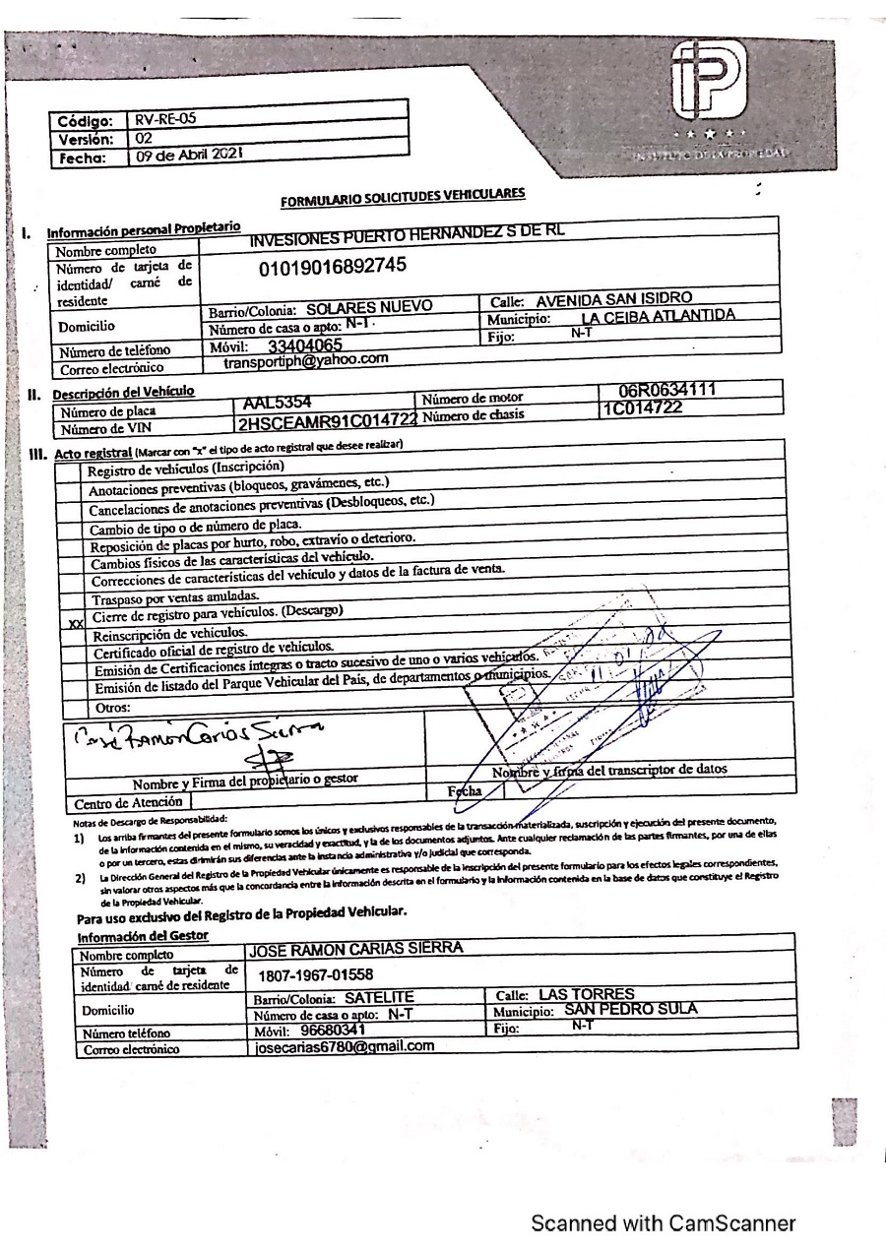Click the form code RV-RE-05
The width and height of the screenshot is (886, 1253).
click(x=166, y=119)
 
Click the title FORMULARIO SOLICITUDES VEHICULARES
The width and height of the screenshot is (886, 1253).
click(x=403, y=198)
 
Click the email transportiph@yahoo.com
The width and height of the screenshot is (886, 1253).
click(x=306, y=360)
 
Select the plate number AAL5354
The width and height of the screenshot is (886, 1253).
click(x=277, y=403)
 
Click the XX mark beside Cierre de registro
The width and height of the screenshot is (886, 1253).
click(x=72, y=623)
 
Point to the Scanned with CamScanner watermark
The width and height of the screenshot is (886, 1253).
click(x=663, y=1222)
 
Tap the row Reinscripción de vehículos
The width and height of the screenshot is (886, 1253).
click(x=168, y=632)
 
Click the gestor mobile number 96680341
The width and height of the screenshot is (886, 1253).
click(x=319, y=1029)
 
